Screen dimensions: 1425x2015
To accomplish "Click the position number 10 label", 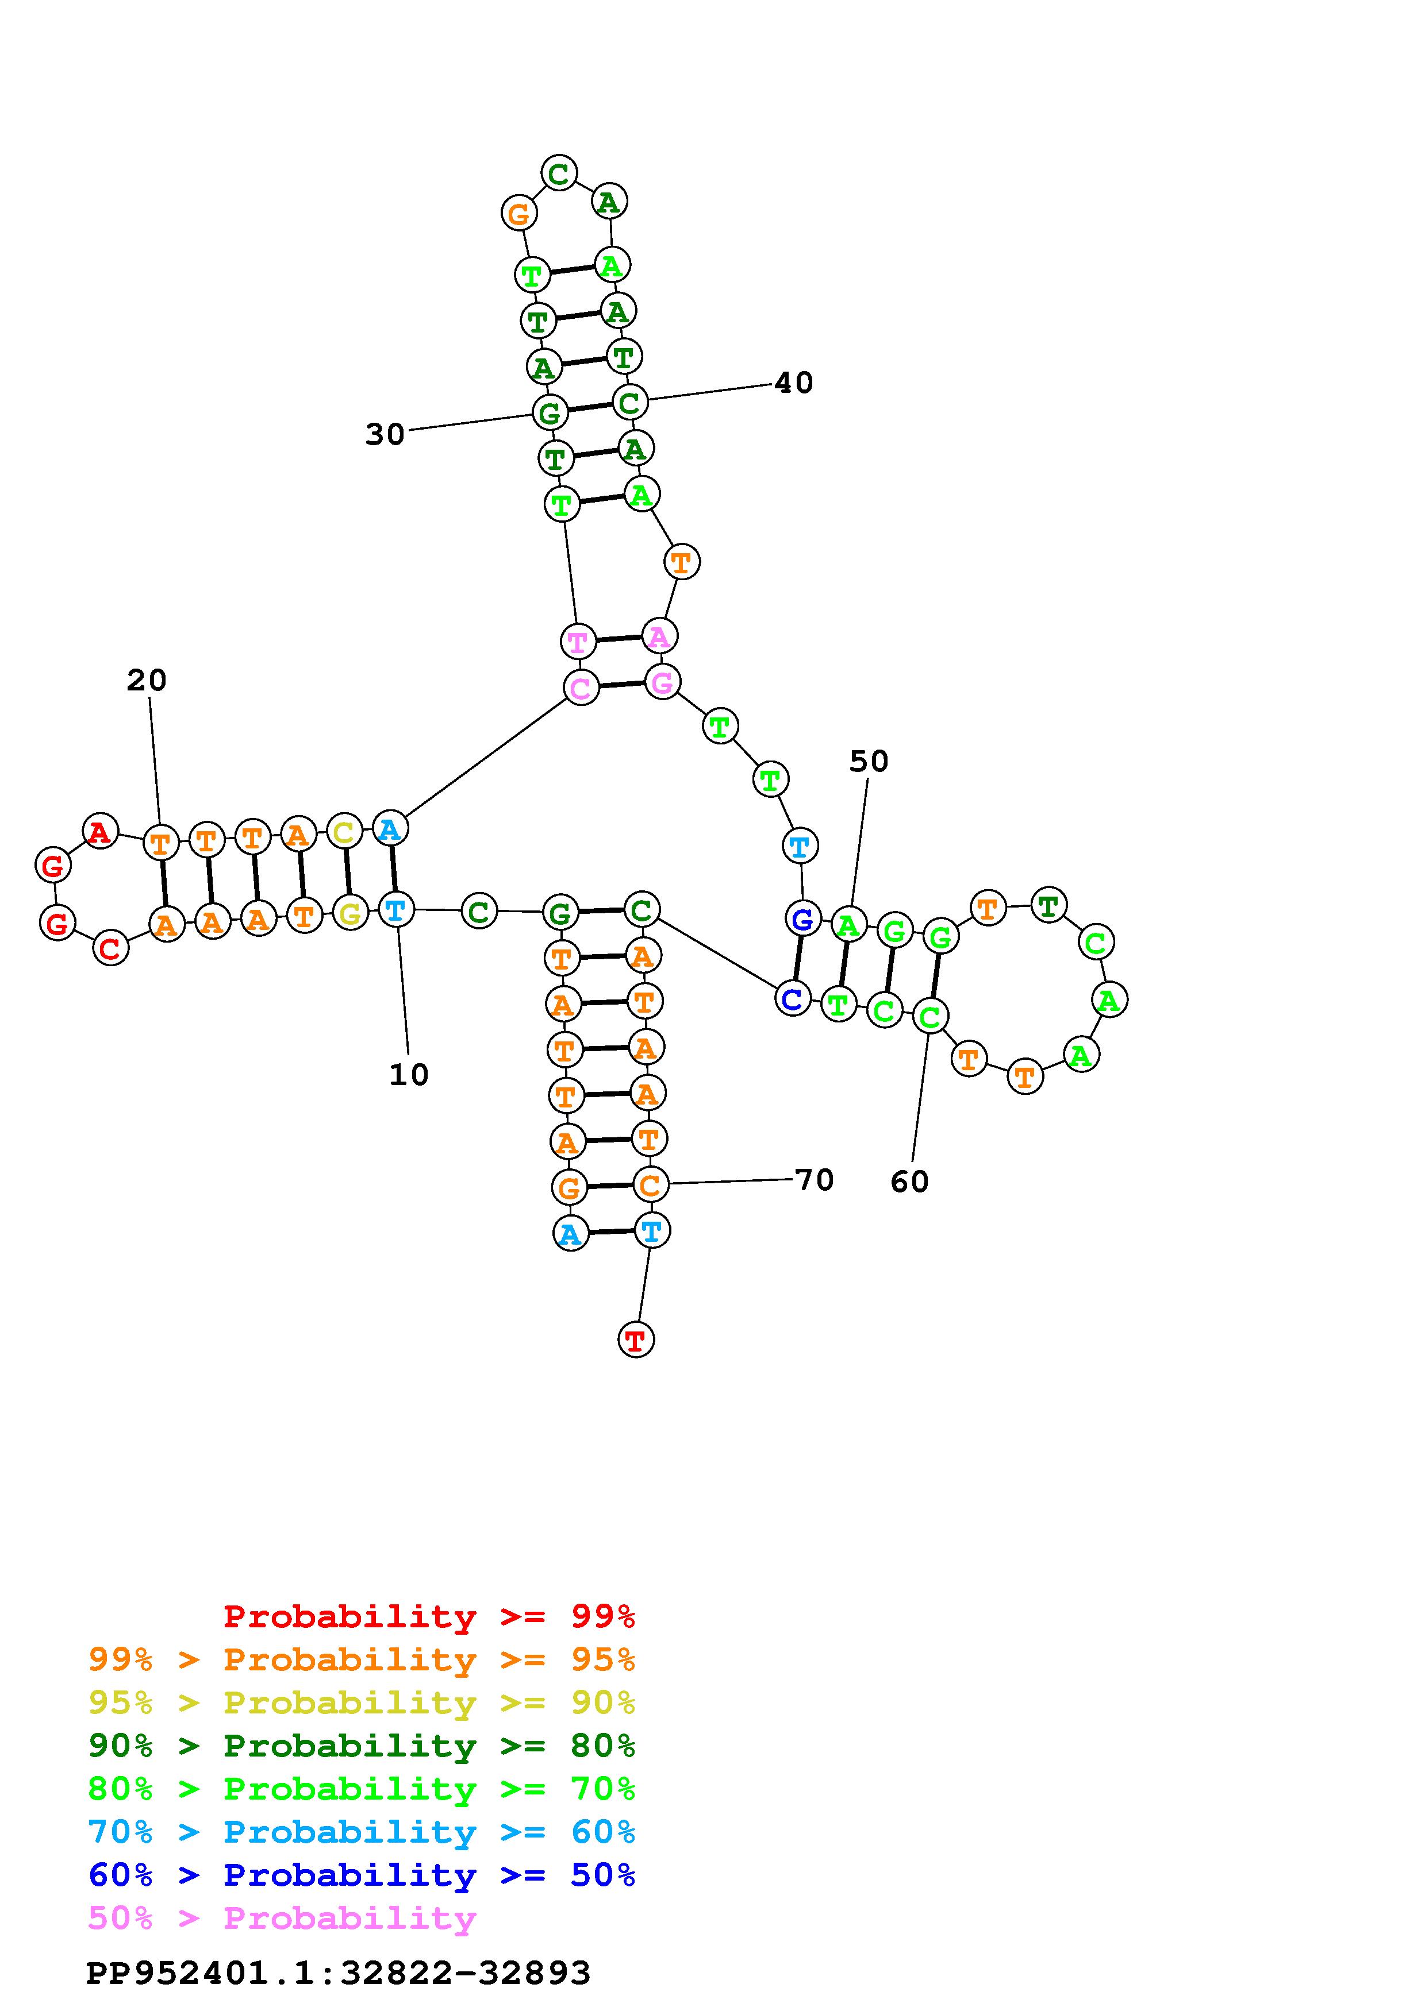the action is [408, 1075].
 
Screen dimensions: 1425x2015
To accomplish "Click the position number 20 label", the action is [147, 680].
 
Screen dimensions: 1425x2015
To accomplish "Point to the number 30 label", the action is [385, 434].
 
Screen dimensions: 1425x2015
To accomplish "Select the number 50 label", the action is [869, 761].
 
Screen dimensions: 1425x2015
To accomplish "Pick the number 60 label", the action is [909, 1182].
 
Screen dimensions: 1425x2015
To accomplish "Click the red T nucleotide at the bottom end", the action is [636, 1340].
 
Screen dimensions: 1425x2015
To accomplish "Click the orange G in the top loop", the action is [519, 213].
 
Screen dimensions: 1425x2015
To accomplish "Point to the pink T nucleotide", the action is [578, 642].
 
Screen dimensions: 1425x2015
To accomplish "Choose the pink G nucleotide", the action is [662, 682].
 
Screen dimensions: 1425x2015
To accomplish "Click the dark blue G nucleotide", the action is [802, 920].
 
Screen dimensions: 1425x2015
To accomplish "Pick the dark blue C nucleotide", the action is [792, 999].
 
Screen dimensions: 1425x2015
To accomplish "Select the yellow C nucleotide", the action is [344, 831].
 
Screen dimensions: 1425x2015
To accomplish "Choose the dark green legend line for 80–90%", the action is [361, 1746].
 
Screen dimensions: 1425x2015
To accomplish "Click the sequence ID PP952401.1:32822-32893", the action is [338, 1973].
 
